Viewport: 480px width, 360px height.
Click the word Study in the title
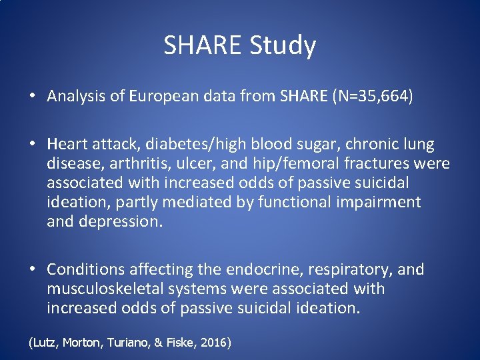coord(283,46)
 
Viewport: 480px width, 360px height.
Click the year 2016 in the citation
coord(213,343)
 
